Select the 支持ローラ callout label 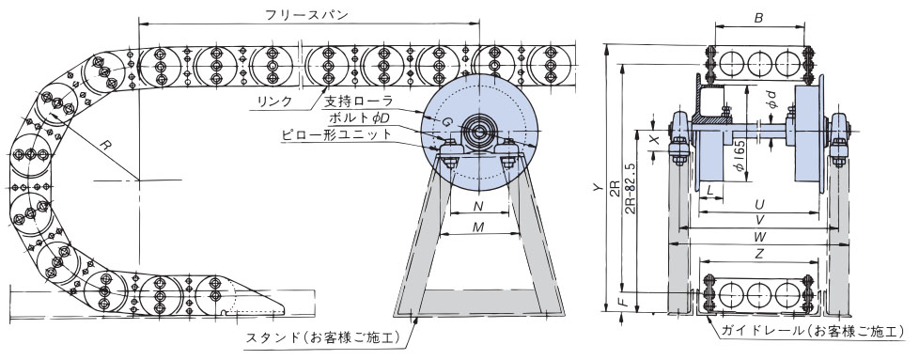(x=358, y=101)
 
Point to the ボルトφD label (x=361, y=117)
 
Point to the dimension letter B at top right (x=758, y=16)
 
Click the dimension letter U (x=758, y=203)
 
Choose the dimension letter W (x=758, y=239)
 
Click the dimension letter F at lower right (x=622, y=304)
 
